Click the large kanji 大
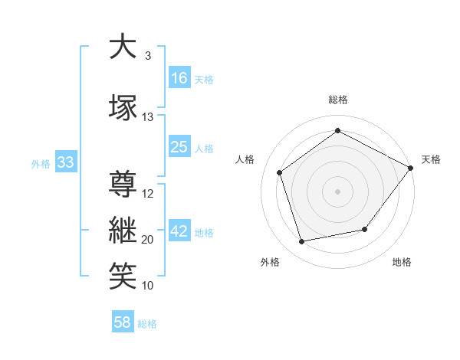pos(123,46)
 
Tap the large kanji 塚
pos(123,107)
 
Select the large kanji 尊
pos(123,184)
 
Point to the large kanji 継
pos(123,230)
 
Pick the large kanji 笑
pos(123,276)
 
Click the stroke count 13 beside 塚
pos(147,117)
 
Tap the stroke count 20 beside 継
pos(147,240)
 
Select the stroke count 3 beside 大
pos(148,56)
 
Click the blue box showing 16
pos(180,77)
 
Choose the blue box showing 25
pos(180,146)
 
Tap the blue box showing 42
pos(180,230)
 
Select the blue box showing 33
pos(66,162)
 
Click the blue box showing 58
pos(123,321)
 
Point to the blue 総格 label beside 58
pos(147,324)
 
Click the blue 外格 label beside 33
pos(41,164)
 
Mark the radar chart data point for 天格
pos(410,168)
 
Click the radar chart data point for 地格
pos(365,229)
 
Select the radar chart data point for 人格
pos(280,172)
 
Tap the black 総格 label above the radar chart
pos(338,100)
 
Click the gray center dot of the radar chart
pos(337,191)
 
